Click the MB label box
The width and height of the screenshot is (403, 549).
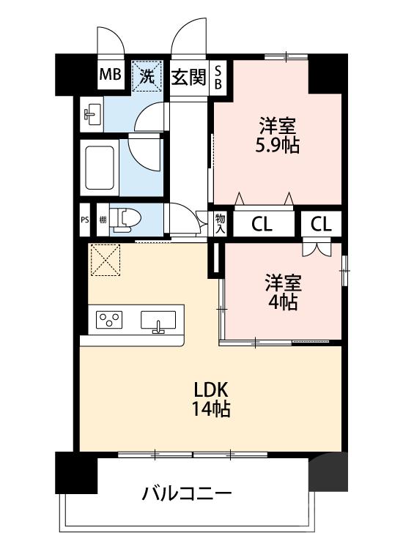pos(111,75)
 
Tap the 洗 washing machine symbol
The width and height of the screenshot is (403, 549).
pos(147,75)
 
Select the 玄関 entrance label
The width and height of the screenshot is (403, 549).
pos(188,76)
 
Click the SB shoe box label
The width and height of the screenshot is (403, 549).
pos(218,77)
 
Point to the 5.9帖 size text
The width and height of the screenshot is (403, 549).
pos(277,144)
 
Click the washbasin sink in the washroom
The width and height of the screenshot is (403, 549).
pos(93,113)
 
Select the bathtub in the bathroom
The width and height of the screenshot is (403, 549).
pos(99,168)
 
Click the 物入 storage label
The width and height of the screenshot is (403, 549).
pos(220,223)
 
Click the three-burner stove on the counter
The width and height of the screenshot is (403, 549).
pos(110,320)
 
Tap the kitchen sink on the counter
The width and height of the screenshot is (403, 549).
pos(158,321)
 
